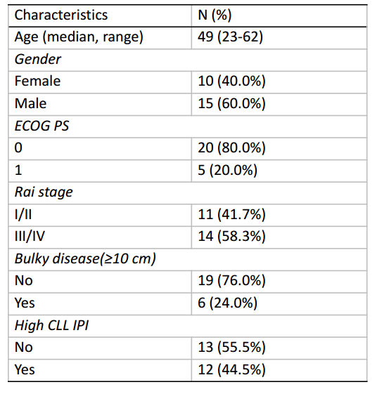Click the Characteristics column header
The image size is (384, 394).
(61, 15)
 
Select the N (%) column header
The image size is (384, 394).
(215, 15)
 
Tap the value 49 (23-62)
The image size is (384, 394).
(230, 37)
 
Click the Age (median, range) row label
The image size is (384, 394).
(79, 37)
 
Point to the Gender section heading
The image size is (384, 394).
(38, 60)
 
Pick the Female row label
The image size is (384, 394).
(37, 81)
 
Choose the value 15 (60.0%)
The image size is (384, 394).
(231, 104)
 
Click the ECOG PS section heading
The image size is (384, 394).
(41, 126)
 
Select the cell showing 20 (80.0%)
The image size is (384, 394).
(231, 148)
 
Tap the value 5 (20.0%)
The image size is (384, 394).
(227, 171)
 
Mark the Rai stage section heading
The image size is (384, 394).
(44, 192)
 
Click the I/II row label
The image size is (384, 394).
(23, 215)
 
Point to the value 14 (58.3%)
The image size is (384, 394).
(231, 237)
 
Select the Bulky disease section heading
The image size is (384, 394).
(85, 259)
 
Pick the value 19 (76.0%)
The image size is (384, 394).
(231, 281)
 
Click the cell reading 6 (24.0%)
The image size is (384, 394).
(227, 303)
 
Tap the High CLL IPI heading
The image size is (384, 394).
(51, 325)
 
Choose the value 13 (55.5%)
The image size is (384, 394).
(231, 348)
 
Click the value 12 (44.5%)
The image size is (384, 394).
(231, 370)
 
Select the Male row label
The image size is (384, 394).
(30, 103)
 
